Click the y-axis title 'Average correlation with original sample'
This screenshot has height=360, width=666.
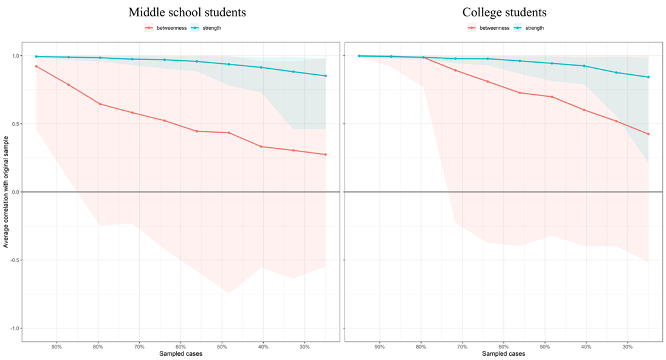6,192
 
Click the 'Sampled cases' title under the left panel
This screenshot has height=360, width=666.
180,353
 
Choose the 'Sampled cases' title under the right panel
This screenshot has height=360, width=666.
504,353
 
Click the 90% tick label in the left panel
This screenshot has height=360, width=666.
57,347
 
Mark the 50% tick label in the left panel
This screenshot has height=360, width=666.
222,347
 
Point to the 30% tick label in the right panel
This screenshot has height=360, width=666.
628,347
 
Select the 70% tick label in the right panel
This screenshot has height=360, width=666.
462,347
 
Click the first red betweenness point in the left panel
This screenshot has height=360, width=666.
36,66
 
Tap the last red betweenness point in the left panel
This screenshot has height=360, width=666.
326,154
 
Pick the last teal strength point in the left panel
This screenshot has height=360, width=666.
326,76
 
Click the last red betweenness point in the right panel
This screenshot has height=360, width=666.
648,134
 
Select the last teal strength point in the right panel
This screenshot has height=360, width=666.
648,77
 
